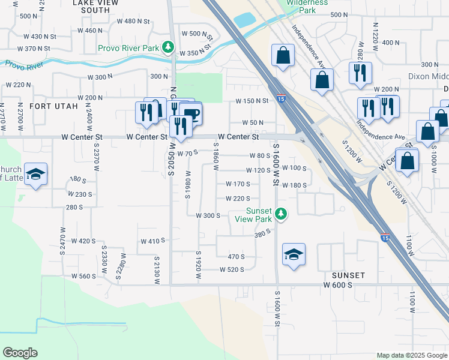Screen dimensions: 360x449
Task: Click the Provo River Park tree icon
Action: [x=169, y=46]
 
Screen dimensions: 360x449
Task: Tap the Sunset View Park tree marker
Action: [x=280, y=213]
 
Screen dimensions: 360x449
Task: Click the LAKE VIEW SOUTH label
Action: [x=91, y=6]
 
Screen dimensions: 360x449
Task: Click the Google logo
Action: [x=20, y=353]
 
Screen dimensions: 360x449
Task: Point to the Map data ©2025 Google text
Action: [x=411, y=355]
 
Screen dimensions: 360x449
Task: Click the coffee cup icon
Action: [x=191, y=113]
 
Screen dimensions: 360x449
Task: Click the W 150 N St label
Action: [x=252, y=101]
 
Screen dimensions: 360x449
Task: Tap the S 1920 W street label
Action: [x=197, y=263]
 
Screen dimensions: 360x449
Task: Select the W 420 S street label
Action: [x=83, y=241]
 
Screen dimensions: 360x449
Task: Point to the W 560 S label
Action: [x=83, y=276]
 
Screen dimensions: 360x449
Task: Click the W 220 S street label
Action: [x=238, y=199]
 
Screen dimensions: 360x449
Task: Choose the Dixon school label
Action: [x=429, y=76]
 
